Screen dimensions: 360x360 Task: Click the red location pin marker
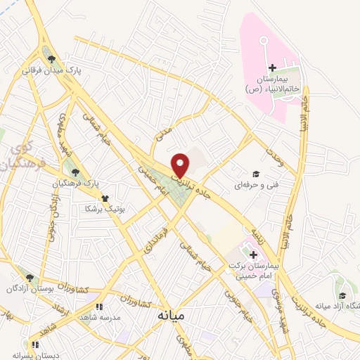180,165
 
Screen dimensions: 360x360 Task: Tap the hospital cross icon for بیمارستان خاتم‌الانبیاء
272,68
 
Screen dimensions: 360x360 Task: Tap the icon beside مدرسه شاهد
99,307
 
